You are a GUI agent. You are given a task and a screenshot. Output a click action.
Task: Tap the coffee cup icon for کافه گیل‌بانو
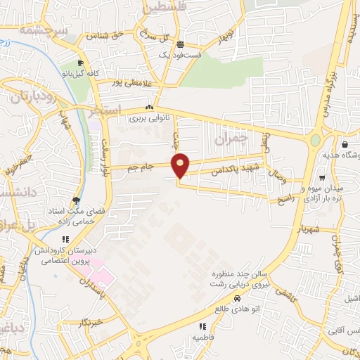coord(82,63)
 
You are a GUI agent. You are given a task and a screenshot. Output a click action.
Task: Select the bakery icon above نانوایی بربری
coord(148,108)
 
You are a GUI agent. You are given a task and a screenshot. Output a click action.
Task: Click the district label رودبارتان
coord(33,98)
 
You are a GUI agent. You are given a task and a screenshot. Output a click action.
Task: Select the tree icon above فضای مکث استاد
coord(76,200)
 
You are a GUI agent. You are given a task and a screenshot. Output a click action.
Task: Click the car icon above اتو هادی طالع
coord(246,298)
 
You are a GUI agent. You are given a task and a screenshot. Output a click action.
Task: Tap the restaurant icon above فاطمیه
coord(202,326)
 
